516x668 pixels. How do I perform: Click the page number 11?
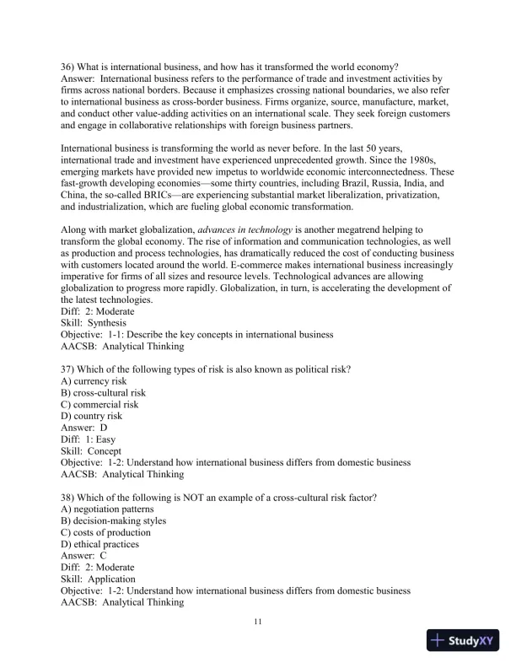[x=258, y=622]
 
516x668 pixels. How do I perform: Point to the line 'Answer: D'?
[x=84, y=428]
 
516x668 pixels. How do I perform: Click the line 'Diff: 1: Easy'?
[x=89, y=439]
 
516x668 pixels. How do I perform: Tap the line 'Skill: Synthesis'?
[x=93, y=323]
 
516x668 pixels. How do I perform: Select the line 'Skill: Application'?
[x=98, y=579]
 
